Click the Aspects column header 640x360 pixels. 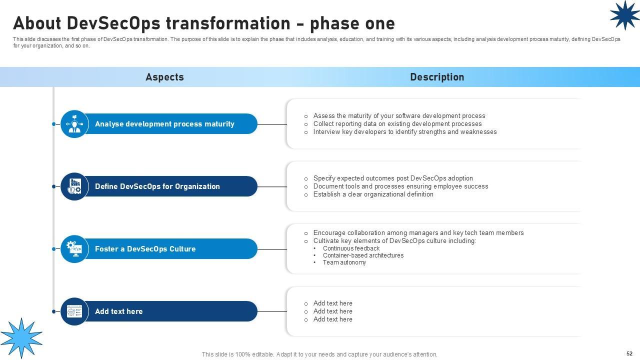click(x=164, y=77)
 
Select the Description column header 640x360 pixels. click(x=437, y=77)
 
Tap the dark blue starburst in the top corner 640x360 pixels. click(x=624, y=15)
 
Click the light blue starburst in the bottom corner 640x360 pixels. click(x=21, y=338)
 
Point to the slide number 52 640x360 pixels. click(x=629, y=353)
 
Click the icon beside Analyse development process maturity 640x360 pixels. click(x=74, y=124)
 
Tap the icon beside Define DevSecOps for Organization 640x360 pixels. click(x=74, y=186)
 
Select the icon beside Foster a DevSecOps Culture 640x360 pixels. click(x=74, y=249)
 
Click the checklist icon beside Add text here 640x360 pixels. click(x=74, y=311)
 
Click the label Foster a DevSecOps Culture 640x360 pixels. click(x=145, y=249)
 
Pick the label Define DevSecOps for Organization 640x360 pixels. click(x=157, y=186)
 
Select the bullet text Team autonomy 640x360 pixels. click(x=344, y=262)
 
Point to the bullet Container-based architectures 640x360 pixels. click(x=363, y=255)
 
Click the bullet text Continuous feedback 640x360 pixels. click(x=351, y=248)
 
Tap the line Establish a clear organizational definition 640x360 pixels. click(x=373, y=194)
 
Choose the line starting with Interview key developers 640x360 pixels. click(x=405, y=131)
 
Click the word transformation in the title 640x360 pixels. click(x=228, y=23)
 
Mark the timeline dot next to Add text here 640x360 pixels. click(x=53, y=311)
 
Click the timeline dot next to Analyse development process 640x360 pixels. click(x=53, y=124)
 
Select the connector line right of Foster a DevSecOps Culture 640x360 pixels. click(x=272, y=249)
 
